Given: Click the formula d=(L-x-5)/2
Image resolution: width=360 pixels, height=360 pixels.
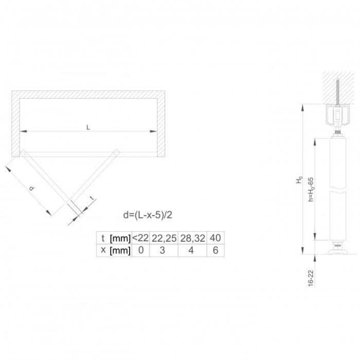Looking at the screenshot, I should click(148, 214).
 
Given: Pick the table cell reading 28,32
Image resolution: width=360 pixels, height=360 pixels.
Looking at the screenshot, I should click(192, 238).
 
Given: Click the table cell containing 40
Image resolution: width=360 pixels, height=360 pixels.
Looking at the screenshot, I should click(215, 238).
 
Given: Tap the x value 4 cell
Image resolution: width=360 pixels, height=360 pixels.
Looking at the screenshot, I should click(192, 250).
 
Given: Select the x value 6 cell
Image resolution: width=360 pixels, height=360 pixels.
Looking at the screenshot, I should click(215, 250).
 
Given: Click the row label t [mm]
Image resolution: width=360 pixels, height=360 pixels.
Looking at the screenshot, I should click(114, 238).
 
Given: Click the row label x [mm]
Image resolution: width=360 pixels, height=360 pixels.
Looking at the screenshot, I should click(114, 250).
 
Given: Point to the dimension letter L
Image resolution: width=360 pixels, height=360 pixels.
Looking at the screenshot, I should click(88, 128).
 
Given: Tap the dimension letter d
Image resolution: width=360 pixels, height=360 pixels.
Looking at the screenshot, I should click(32, 189).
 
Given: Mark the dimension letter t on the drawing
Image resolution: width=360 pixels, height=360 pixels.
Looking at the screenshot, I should click(92, 198).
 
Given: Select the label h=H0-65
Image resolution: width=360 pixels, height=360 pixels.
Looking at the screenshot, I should click(311, 188).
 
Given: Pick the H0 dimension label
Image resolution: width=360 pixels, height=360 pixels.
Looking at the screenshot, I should click(298, 180).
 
